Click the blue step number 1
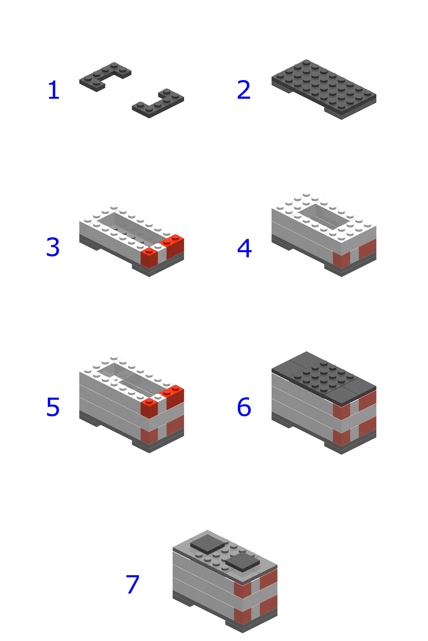click(54, 90)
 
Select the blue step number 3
click(53, 247)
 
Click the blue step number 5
click(53, 407)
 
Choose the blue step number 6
click(244, 407)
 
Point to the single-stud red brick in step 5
click(149, 408)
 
